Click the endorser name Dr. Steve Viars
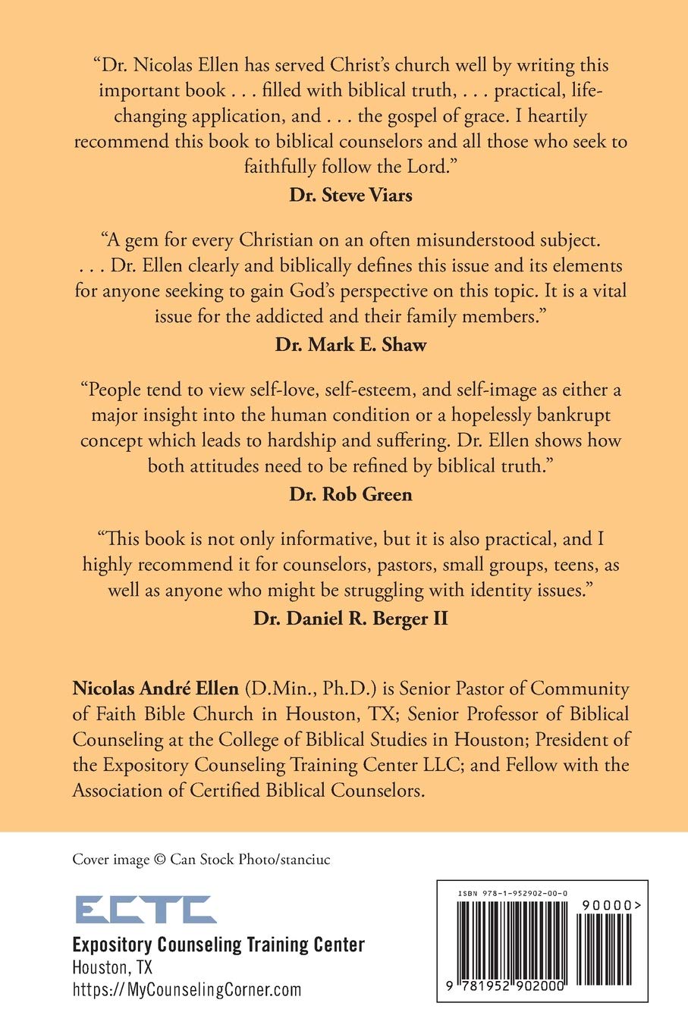click(350, 195)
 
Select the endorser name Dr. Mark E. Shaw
click(350, 345)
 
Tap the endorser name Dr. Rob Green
click(350, 494)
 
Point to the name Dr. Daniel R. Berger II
click(350, 619)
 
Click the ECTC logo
click(145, 909)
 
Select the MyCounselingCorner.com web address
click(187, 989)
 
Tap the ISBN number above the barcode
click(513, 895)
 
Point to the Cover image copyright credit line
click(201, 859)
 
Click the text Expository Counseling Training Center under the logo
click(218, 945)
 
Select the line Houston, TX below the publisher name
click(112, 967)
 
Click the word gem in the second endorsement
click(140, 240)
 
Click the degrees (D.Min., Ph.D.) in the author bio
click(310, 688)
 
